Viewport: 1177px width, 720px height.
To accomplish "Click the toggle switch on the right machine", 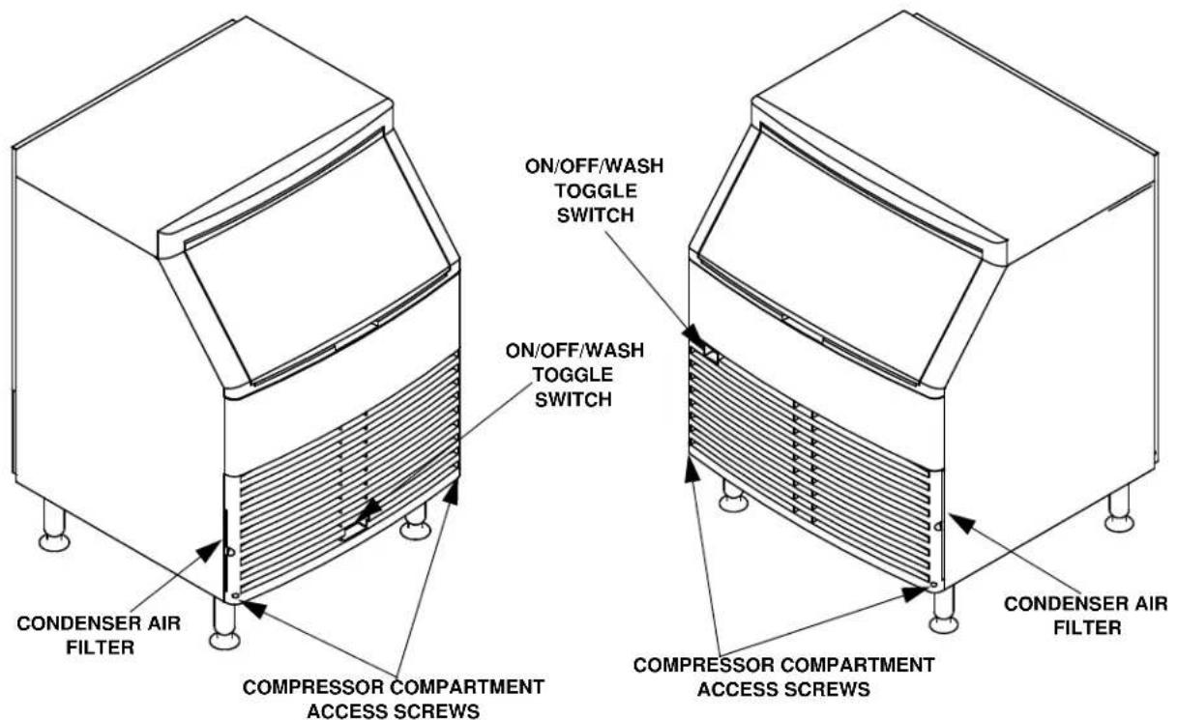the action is coord(712,354).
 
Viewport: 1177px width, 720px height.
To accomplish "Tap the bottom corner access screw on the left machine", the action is coord(234,596).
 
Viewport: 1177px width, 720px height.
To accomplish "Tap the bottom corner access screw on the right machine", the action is coord(933,584).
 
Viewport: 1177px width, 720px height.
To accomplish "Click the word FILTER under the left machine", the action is coord(100,648).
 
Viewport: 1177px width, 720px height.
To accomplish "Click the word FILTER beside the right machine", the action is coord(1088,627).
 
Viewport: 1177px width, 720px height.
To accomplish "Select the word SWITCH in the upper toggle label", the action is coord(596,216).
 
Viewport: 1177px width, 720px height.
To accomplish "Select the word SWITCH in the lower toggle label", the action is coord(574,400).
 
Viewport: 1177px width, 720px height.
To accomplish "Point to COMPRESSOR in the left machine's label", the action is coord(313,687).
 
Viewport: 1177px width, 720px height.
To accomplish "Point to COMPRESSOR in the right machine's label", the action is coord(705,665).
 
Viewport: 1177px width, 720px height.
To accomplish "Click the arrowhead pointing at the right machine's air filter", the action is coord(962,523).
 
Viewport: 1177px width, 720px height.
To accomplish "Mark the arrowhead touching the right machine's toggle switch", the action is coord(693,334).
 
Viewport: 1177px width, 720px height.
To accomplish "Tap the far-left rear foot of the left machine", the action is coord(54,526).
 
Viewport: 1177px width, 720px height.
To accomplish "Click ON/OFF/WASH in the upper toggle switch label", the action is coord(594,166).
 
